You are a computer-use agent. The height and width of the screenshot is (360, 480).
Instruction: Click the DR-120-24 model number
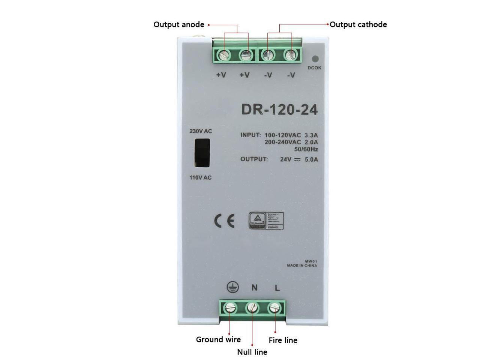click(279, 109)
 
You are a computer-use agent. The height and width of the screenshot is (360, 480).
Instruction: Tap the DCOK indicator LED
click(315, 59)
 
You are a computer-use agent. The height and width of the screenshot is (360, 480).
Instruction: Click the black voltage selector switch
click(202, 153)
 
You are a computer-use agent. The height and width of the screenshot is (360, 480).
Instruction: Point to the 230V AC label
click(201, 131)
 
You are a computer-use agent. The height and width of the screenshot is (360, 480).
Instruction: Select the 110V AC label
click(200, 177)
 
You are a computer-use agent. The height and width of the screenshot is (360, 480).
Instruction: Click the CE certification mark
click(224, 221)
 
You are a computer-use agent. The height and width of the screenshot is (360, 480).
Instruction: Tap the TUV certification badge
click(266, 220)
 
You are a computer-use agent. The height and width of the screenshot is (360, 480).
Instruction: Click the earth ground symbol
click(232, 288)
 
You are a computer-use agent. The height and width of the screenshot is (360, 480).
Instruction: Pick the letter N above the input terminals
click(254, 288)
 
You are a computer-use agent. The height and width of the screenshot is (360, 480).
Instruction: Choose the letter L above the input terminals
click(277, 288)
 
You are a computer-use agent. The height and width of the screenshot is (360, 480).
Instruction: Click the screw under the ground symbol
click(230, 309)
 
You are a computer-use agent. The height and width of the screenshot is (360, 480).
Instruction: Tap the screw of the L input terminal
click(275, 308)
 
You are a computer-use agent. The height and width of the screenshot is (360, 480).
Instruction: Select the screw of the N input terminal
click(252, 309)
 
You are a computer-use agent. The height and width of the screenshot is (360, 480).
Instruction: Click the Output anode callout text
click(179, 25)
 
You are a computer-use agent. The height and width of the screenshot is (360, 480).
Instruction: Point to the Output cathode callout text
click(358, 25)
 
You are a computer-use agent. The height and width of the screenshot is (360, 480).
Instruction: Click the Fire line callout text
click(283, 340)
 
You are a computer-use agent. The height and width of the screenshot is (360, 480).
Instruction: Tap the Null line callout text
click(252, 352)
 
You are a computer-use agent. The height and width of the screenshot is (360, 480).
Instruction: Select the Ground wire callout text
click(218, 340)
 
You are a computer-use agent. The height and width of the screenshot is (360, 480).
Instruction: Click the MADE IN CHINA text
click(302, 265)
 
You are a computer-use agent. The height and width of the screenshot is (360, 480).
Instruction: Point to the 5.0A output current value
click(311, 159)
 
